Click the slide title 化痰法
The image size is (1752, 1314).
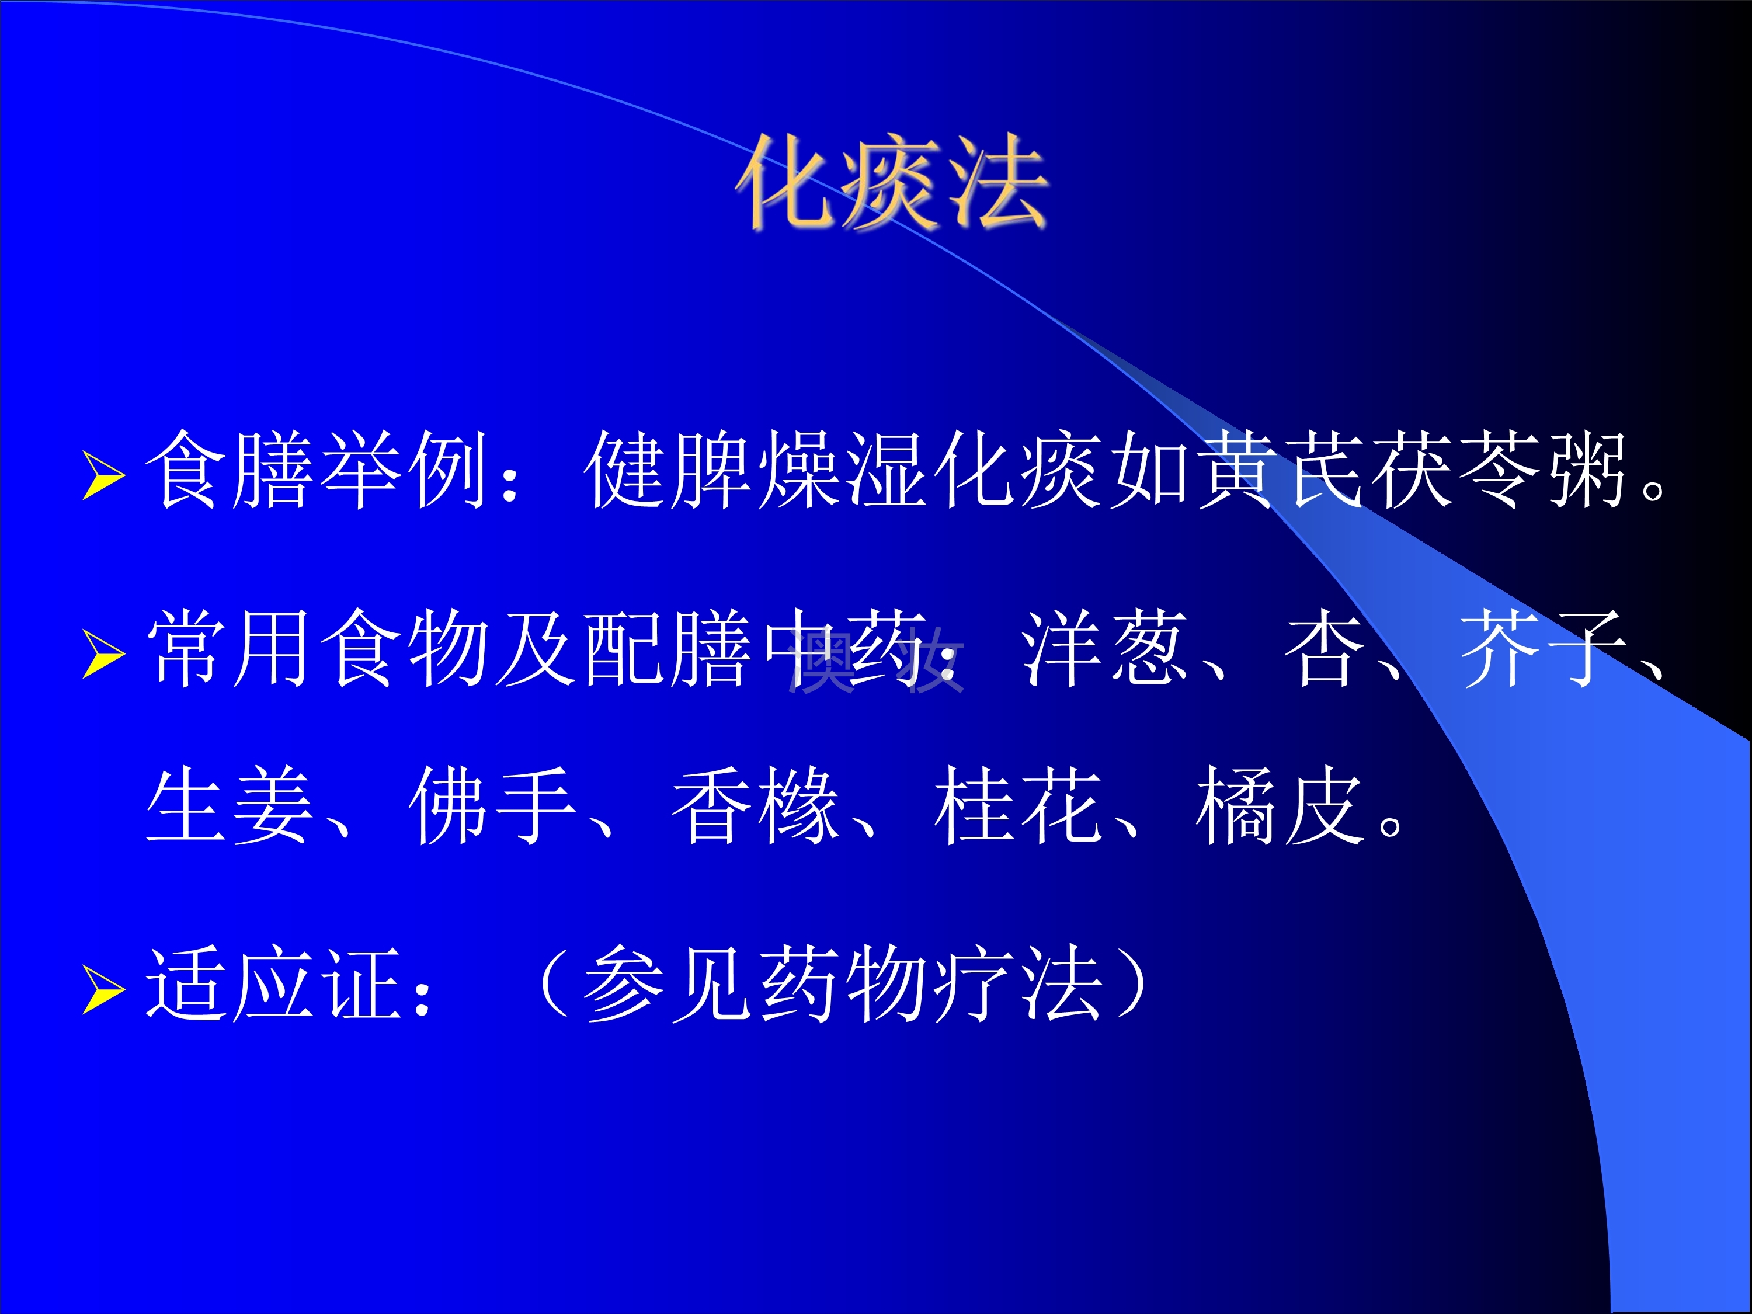point(892,183)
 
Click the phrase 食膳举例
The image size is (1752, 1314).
point(317,470)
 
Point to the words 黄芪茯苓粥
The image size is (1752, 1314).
point(1414,470)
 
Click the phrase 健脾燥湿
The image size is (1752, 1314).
point(756,470)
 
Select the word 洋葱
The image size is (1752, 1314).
point(1106,648)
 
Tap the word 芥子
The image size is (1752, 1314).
point(1545,648)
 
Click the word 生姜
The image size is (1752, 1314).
point(230,805)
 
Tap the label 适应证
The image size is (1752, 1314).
point(274,983)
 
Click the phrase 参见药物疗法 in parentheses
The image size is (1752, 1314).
point(843,983)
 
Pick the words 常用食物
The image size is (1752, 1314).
point(317,648)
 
